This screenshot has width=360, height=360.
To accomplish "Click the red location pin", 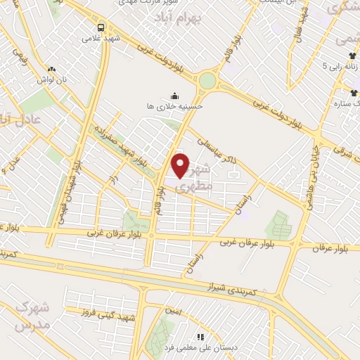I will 181,165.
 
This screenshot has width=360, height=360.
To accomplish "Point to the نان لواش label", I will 53,79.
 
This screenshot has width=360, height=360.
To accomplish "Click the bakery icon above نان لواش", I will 51,69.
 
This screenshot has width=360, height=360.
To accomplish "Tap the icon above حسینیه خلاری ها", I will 174,95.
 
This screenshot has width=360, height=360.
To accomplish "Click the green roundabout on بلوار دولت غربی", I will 207,80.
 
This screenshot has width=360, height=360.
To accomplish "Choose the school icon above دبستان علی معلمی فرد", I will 200,337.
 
